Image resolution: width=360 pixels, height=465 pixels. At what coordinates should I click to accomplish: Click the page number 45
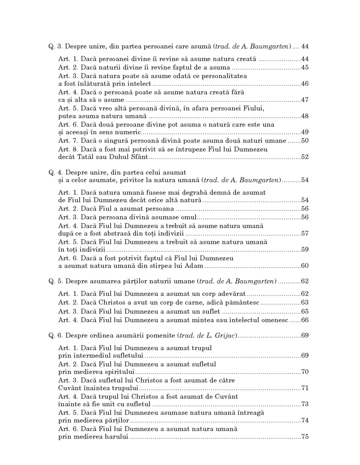[305, 68]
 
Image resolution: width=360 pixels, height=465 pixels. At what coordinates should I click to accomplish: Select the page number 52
[305, 157]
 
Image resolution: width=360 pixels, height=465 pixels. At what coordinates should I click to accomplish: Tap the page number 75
[305, 437]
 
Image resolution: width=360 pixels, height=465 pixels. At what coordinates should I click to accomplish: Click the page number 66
[305, 320]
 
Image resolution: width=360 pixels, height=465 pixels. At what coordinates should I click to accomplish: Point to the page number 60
[305, 266]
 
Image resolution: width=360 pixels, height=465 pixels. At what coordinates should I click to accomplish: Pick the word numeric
[129, 132]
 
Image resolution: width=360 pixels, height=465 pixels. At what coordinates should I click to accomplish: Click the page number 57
[305, 233]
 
